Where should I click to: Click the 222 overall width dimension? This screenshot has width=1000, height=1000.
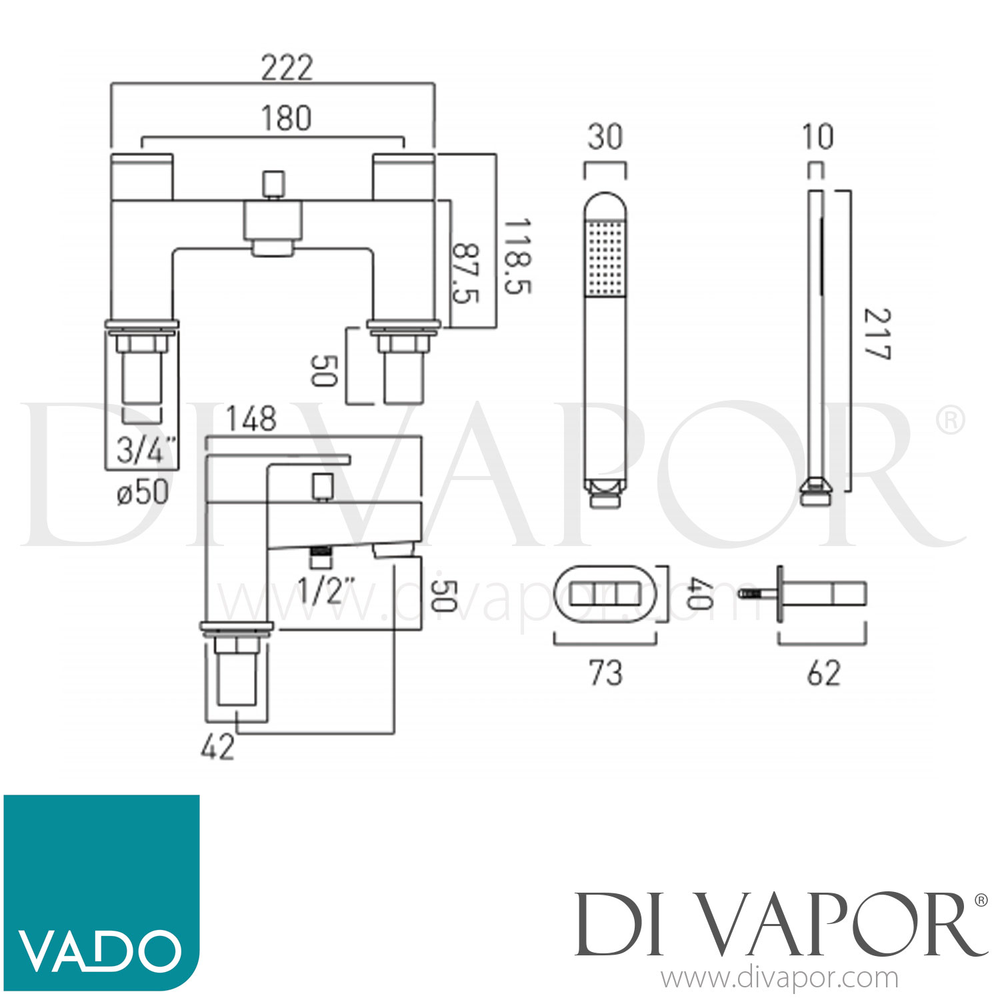pos(287,68)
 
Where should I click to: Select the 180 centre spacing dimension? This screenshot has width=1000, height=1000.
pos(286,119)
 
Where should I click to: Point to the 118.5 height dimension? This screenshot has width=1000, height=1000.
pos(517,256)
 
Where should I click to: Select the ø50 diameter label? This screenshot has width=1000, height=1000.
pos(143,493)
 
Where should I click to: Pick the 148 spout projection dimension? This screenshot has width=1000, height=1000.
pos(251,419)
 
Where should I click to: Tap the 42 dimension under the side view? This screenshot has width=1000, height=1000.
pos(217,747)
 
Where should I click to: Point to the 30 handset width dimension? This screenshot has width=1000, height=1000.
pos(605,137)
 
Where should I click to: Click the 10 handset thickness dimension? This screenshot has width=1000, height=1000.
pos(817,137)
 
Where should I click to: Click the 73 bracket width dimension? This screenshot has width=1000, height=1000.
pos(605,673)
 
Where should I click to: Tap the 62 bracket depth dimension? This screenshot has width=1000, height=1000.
pos(824,673)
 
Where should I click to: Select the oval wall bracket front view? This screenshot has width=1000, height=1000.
pos(605,593)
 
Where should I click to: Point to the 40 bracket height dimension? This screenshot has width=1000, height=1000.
pos(697,593)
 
